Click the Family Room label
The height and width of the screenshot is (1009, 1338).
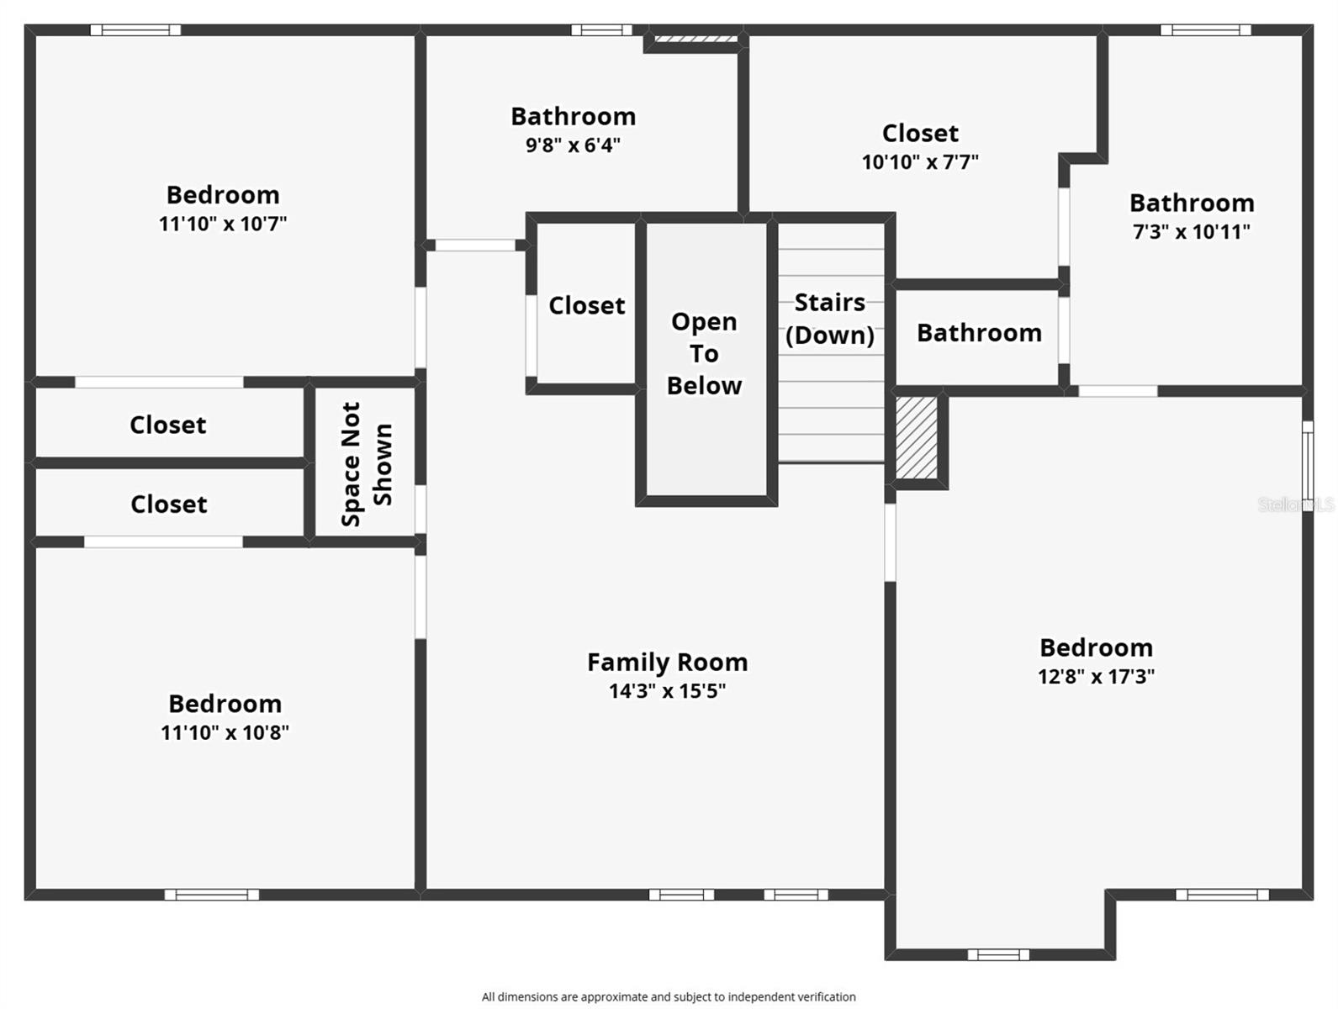click(667, 663)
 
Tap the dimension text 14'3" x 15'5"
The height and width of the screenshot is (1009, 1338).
click(667, 691)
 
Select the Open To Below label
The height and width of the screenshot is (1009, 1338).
click(704, 354)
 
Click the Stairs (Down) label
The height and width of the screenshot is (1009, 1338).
click(829, 319)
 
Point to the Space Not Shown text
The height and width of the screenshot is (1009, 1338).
click(367, 464)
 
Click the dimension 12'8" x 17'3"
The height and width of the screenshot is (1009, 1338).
click(1095, 676)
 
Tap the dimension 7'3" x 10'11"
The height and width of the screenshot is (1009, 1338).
click(1191, 232)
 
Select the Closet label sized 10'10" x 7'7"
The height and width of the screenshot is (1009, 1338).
click(920, 133)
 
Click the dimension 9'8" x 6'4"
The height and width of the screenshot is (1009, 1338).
click(573, 145)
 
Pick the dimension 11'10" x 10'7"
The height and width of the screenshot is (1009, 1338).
click(223, 224)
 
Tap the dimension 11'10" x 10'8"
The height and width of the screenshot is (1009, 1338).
click(225, 732)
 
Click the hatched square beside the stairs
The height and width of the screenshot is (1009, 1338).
click(916, 438)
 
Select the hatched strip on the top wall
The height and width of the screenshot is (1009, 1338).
click(695, 38)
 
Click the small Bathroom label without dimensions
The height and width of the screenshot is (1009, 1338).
click(979, 333)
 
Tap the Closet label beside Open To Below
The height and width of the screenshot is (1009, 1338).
click(586, 305)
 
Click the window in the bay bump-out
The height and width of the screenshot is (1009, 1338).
click(998, 954)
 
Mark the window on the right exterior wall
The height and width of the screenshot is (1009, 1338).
click(1307, 462)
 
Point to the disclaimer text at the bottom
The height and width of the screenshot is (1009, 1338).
click(669, 997)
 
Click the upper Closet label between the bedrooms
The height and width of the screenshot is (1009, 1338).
click(167, 425)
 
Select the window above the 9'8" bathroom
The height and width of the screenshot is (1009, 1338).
click(601, 30)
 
